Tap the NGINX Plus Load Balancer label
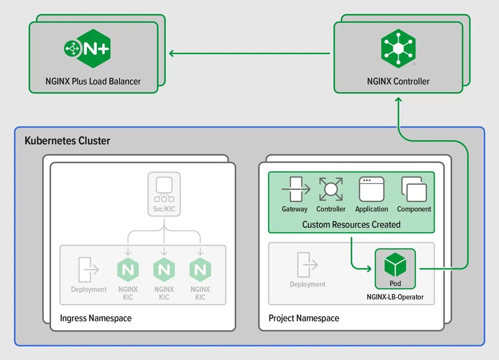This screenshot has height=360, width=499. coord(93,81)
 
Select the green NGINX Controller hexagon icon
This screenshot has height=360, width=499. coord(398,48)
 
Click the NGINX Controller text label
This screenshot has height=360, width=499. coord(398,81)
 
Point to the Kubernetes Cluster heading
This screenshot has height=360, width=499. coord(67,141)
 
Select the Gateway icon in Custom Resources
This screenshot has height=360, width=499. coord(295,189)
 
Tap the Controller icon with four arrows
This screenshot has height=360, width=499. coord(331,189)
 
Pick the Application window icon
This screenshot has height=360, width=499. coord(371,189)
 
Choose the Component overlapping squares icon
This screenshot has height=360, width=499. coord(414,189)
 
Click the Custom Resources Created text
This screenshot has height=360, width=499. coord(351,225)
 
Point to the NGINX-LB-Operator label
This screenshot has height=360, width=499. coord(395,297)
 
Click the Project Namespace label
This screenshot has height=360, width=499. coord(304,318)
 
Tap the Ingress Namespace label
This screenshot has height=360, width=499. coord(96,318)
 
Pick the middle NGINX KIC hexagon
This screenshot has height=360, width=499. coord(164,270)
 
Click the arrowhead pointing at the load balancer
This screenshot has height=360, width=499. coord(172,53)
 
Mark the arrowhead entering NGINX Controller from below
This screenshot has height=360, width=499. coord(398,99)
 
